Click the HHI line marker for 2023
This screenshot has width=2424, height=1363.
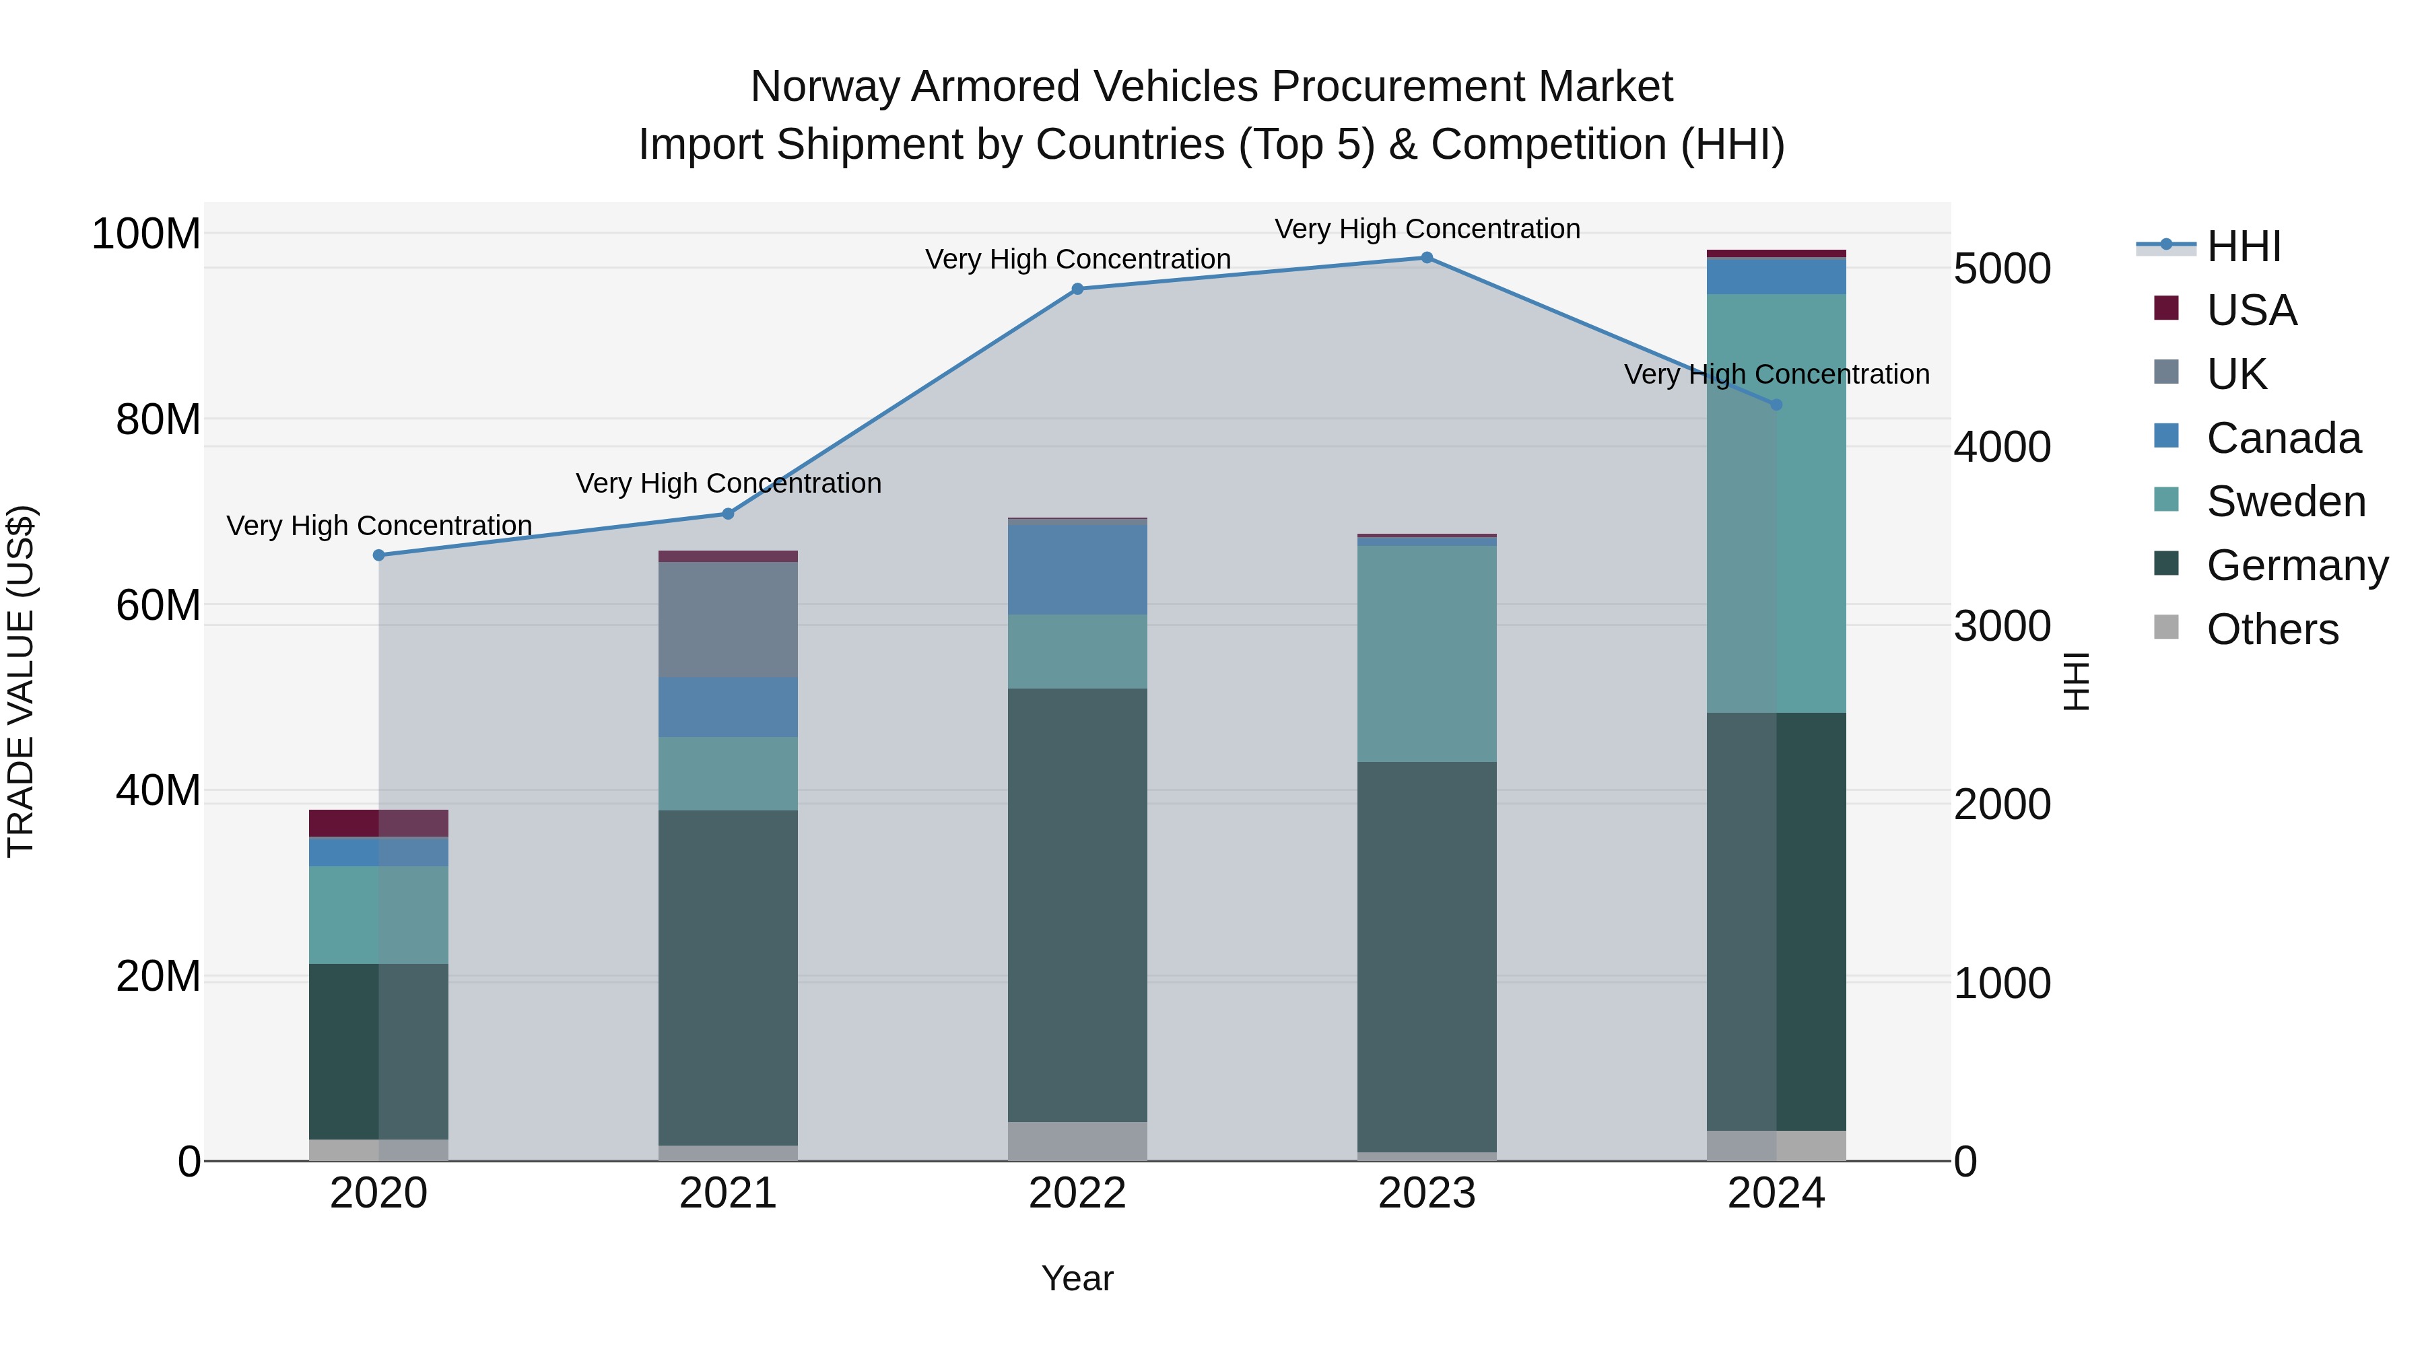tap(1427, 258)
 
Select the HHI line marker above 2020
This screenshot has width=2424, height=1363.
tap(379, 555)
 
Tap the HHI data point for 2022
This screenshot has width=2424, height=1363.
tap(1077, 289)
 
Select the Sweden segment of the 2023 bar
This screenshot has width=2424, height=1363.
tap(1427, 654)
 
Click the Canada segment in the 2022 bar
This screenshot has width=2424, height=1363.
tap(1077, 569)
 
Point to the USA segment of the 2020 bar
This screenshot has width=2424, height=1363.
tap(379, 823)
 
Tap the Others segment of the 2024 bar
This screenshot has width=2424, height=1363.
tap(1777, 1145)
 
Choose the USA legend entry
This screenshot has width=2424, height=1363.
tap(2252, 310)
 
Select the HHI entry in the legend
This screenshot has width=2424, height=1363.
tap(2244, 246)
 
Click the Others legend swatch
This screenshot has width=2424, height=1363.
tap(2166, 627)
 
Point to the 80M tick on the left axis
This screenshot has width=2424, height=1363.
tap(158, 419)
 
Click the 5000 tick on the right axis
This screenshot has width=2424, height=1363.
tap(2002, 269)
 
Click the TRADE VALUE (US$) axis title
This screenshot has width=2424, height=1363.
tap(21, 681)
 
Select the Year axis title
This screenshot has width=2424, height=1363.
tap(1077, 1278)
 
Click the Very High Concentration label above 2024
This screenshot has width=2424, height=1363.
tap(1777, 374)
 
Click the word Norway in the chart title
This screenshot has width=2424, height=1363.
tap(826, 87)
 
